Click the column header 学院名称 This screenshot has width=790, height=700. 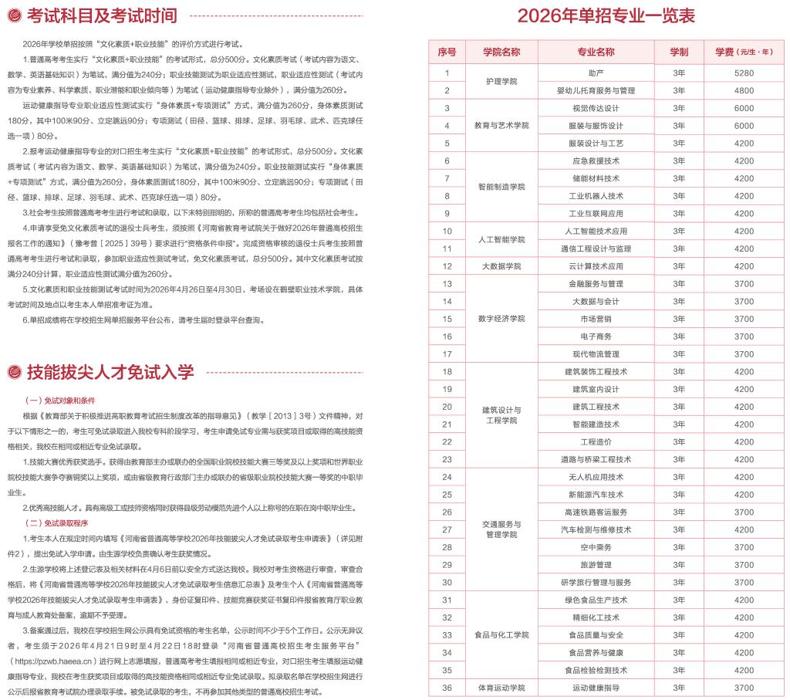pos(501,52)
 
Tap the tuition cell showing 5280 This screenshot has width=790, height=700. pos(744,73)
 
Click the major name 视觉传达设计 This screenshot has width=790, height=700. pos(596,108)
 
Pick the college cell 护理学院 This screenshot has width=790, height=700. pos(501,81)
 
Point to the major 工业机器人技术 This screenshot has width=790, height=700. pos(596,196)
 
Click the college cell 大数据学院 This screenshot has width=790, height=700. pos(501,266)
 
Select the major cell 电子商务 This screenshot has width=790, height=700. pos(596,336)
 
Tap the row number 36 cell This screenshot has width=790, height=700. pos(447,688)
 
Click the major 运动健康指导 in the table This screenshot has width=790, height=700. pos(596,688)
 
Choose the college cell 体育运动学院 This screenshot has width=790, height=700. pos(501,688)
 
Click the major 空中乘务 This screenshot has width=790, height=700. pos(596,547)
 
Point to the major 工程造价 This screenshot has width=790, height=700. pos(596,441)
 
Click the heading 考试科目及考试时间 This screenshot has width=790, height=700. pos(101,15)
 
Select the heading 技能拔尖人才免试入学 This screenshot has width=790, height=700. pos(110,372)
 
